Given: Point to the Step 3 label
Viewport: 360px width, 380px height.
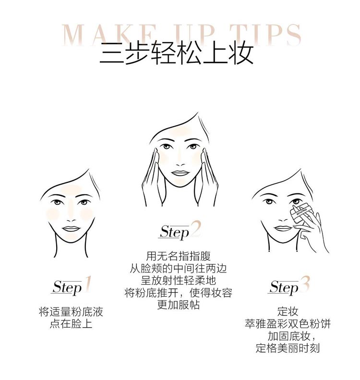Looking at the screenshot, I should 288,286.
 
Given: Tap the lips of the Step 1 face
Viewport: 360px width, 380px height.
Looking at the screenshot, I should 71,229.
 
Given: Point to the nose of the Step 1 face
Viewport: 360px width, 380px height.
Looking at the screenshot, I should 71,217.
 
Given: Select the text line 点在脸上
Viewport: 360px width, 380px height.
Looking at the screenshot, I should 71,324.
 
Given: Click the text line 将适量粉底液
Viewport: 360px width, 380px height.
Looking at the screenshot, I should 71,312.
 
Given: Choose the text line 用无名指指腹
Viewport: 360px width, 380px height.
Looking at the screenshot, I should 179,257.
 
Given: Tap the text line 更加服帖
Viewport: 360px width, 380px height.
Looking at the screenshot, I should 179,305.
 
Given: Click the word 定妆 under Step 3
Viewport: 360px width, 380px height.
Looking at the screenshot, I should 288,312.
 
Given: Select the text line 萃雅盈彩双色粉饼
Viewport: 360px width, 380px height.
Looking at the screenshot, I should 288,324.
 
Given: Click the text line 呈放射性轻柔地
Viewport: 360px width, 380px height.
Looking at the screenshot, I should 179,281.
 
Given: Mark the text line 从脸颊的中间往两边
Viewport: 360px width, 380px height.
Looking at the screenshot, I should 179,269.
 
